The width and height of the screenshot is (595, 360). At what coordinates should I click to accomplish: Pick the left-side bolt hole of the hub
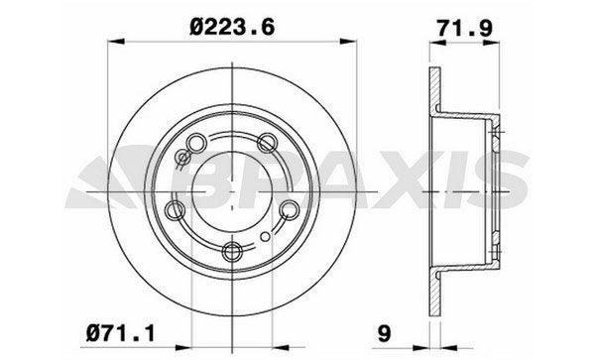(176, 209)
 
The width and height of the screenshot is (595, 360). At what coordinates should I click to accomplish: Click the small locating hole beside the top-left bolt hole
(183, 157)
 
